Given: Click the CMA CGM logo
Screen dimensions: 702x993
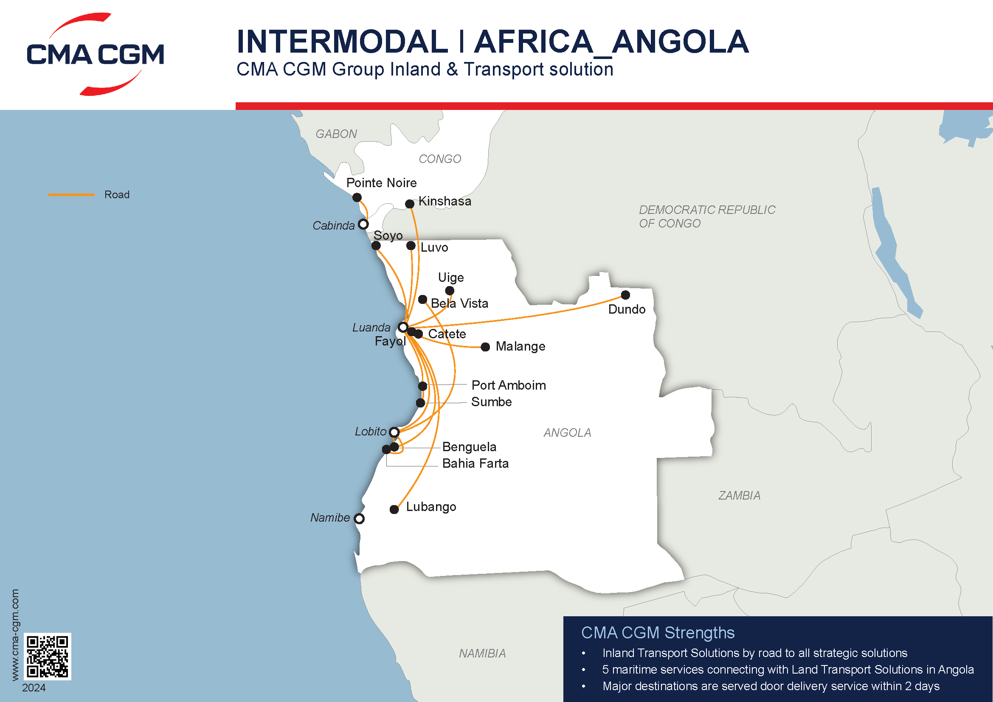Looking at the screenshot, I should [x=95, y=54].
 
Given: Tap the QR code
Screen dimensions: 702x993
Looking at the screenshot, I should [x=47, y=656].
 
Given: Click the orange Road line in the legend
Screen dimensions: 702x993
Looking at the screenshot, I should [x=71, y=194].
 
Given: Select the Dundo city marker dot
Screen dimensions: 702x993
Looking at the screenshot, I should [x=625, y=295].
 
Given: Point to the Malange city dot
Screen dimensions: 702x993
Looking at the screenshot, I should [x=485, y=347].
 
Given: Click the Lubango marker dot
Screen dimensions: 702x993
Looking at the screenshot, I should [x=394, y=509].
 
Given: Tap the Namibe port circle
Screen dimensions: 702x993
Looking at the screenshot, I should [x=359, y=518].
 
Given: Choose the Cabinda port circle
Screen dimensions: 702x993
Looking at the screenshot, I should [x=363, y=225].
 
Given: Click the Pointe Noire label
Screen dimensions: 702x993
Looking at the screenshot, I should [x=382, y=183].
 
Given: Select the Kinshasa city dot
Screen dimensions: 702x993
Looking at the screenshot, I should [x=410, y=204].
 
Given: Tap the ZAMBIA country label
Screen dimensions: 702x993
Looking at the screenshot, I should [x=739, y=495].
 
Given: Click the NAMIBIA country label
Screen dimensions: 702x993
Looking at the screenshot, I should [x=482, y=653].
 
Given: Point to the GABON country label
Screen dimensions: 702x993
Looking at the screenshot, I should [x=336, y=134].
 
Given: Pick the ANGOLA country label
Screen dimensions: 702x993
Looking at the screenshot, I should [x=567, y=432].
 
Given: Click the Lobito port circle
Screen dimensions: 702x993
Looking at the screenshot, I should [x=394, y=432].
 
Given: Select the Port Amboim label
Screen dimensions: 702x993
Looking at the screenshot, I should [x=509, y=385].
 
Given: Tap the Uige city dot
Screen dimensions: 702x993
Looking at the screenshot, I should [x=450, y=290].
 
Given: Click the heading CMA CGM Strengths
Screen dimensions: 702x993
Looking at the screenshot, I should [x=657, y=632].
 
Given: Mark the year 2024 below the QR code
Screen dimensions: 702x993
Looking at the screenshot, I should [x=34, y=688].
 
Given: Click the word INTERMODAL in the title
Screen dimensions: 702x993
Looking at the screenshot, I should [x=342, y=42].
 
